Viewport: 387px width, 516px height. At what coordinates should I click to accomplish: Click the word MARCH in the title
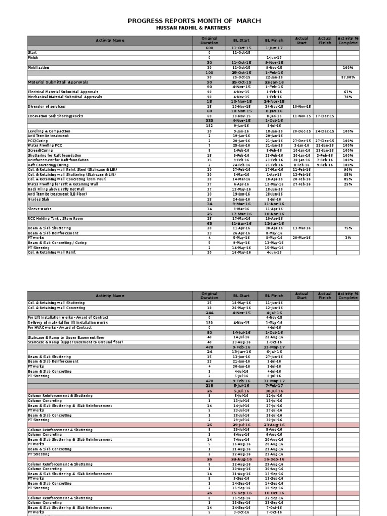point(246,21)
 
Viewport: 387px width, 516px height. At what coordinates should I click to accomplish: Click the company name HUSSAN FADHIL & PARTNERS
point(194,28)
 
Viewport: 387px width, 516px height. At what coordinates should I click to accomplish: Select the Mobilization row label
point(39,67)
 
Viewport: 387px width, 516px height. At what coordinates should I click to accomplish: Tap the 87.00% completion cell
point(348,77)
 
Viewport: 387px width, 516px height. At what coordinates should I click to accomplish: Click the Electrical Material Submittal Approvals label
point(63,92)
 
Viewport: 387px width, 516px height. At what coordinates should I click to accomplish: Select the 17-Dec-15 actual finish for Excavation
point(325,116)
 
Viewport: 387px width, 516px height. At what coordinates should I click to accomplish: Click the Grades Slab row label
point(38,199)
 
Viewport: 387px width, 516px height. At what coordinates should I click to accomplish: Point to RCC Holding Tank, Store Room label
point(55,219)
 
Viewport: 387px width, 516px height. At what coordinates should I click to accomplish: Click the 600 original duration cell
point(209,48)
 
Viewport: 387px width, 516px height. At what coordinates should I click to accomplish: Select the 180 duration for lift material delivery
point(209,322)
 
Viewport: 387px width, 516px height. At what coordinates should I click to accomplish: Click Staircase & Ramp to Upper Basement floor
point(66,337)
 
